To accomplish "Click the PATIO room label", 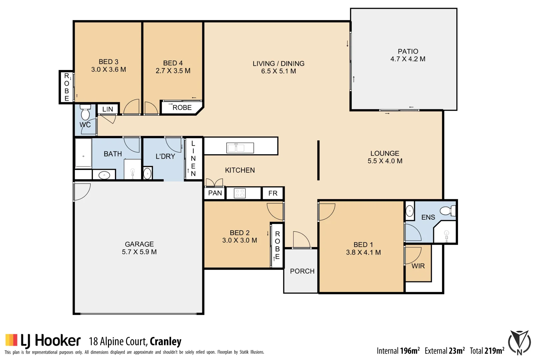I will point(408,51).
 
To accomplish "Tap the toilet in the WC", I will point(85,112).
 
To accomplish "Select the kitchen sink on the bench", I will point(240,147).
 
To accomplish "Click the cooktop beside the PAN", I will point(240,193).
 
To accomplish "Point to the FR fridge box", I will point(273,193).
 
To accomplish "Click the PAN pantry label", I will point(215,193).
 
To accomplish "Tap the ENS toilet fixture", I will point(447,211).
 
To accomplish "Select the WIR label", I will point(418,266).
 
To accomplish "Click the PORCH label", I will point(302,271).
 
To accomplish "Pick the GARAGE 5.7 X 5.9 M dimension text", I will point(139,252).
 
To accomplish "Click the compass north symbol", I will point(519,343).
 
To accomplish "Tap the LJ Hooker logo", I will point(43,341).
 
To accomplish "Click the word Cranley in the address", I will point(165,342).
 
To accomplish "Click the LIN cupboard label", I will point(108,109).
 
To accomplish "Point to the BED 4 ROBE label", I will point(182,108).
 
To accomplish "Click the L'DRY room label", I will point(165,156).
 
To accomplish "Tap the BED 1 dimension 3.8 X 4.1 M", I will point(363,252).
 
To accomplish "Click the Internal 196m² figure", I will point(398,351).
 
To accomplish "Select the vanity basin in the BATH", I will point(104,175).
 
